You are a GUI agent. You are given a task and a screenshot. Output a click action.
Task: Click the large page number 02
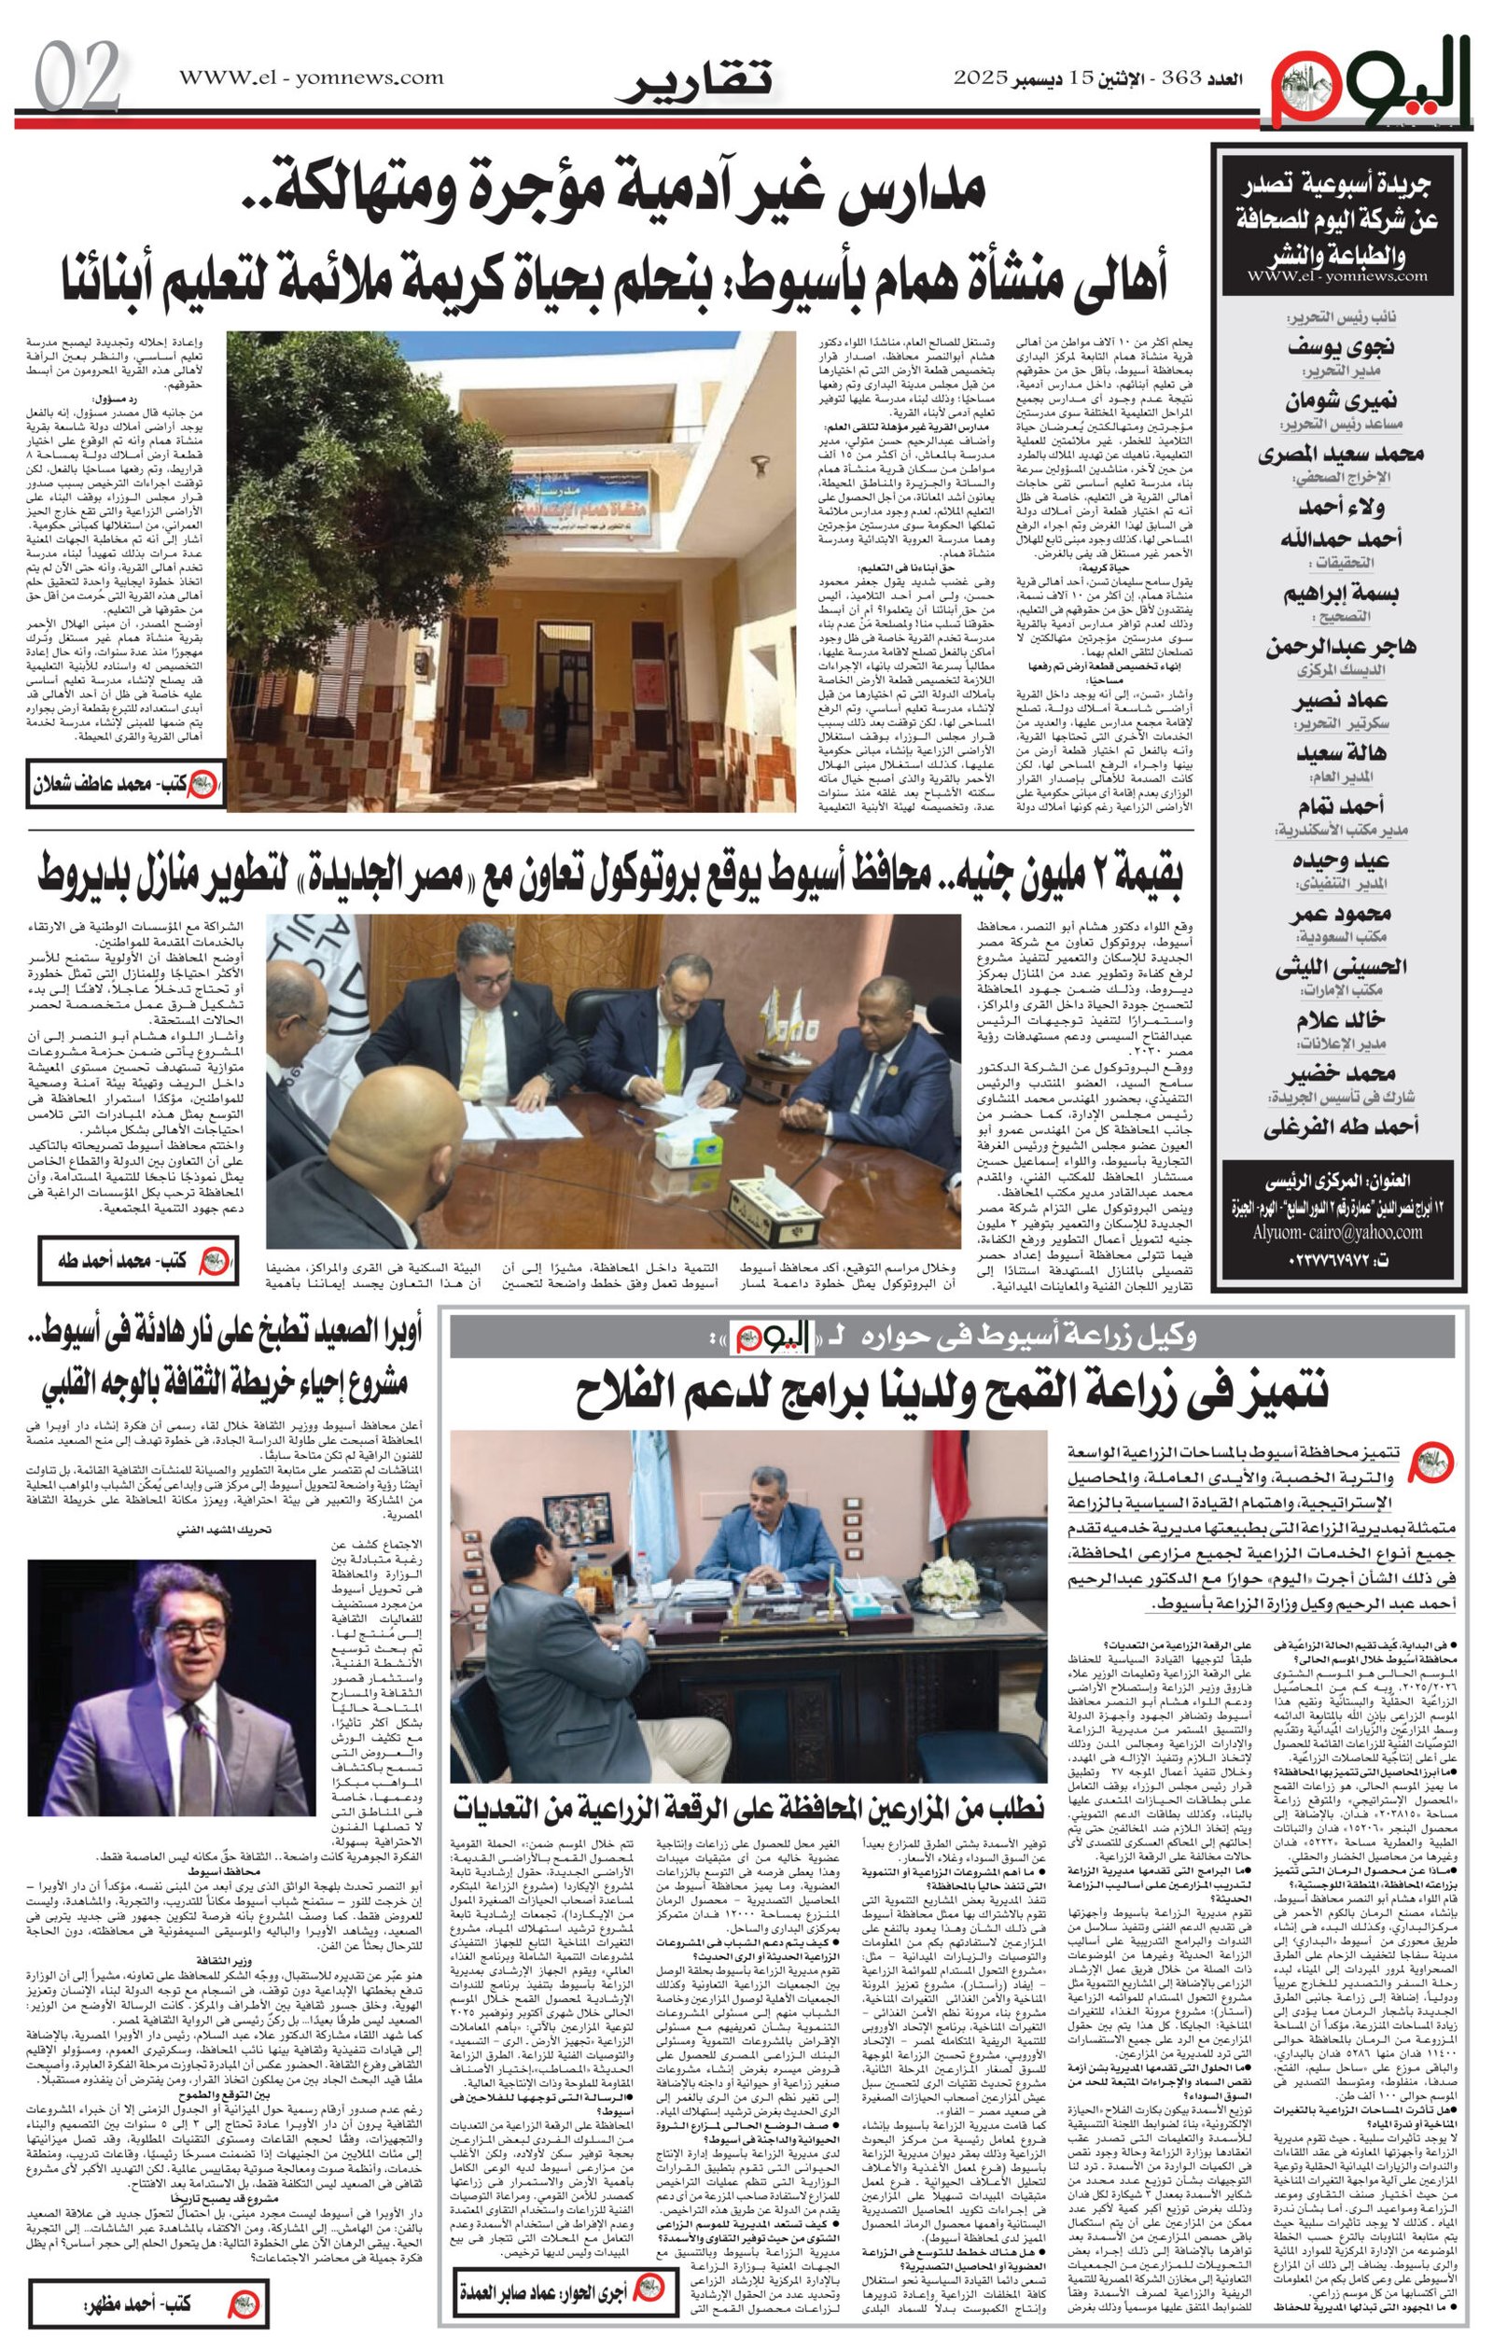click(77, 76)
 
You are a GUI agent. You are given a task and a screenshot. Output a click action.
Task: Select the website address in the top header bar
click(311, 77)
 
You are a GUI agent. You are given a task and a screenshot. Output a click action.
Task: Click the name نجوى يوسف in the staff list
click(1342, 347)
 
